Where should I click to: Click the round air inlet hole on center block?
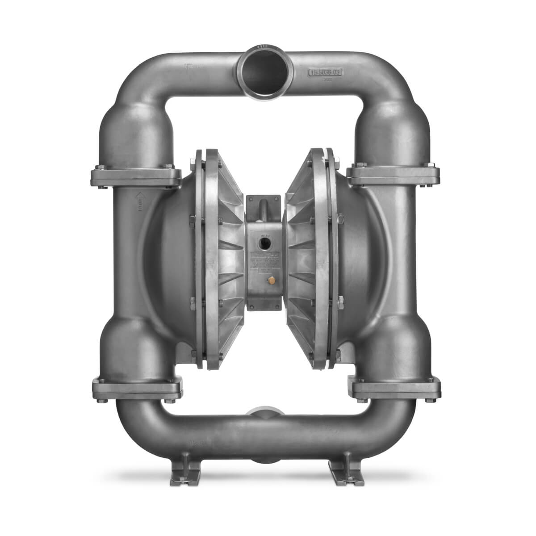click(264, 245)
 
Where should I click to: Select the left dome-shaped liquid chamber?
click(170, 250)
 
